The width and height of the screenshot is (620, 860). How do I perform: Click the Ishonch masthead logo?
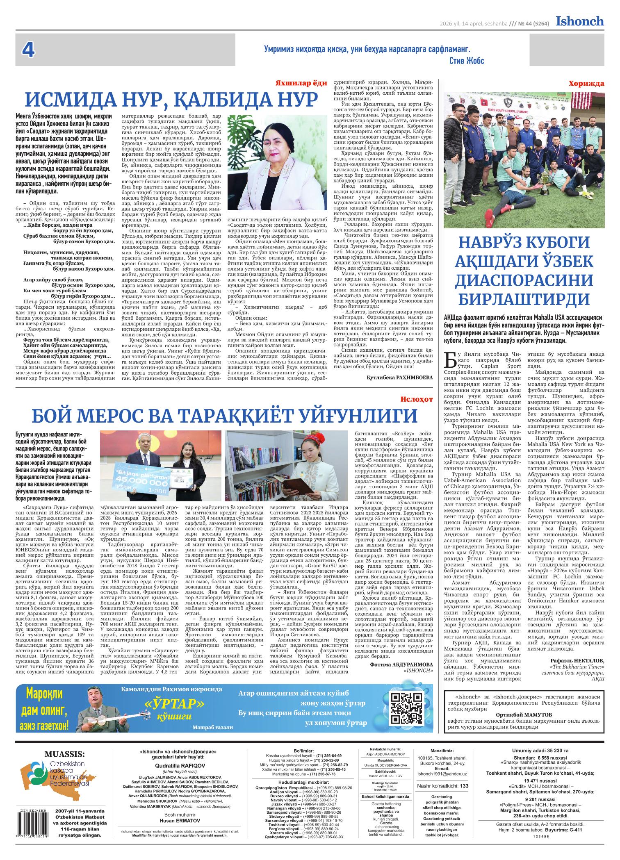[579, 21]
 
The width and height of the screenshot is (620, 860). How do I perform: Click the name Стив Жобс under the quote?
[467, 61]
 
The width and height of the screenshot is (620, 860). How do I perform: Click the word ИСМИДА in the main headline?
[77, 100]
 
